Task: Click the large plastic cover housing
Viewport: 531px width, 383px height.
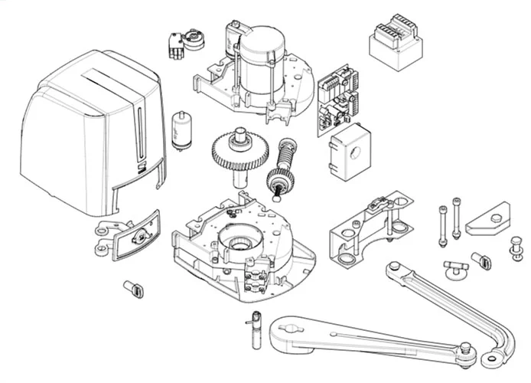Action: point(84,130)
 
